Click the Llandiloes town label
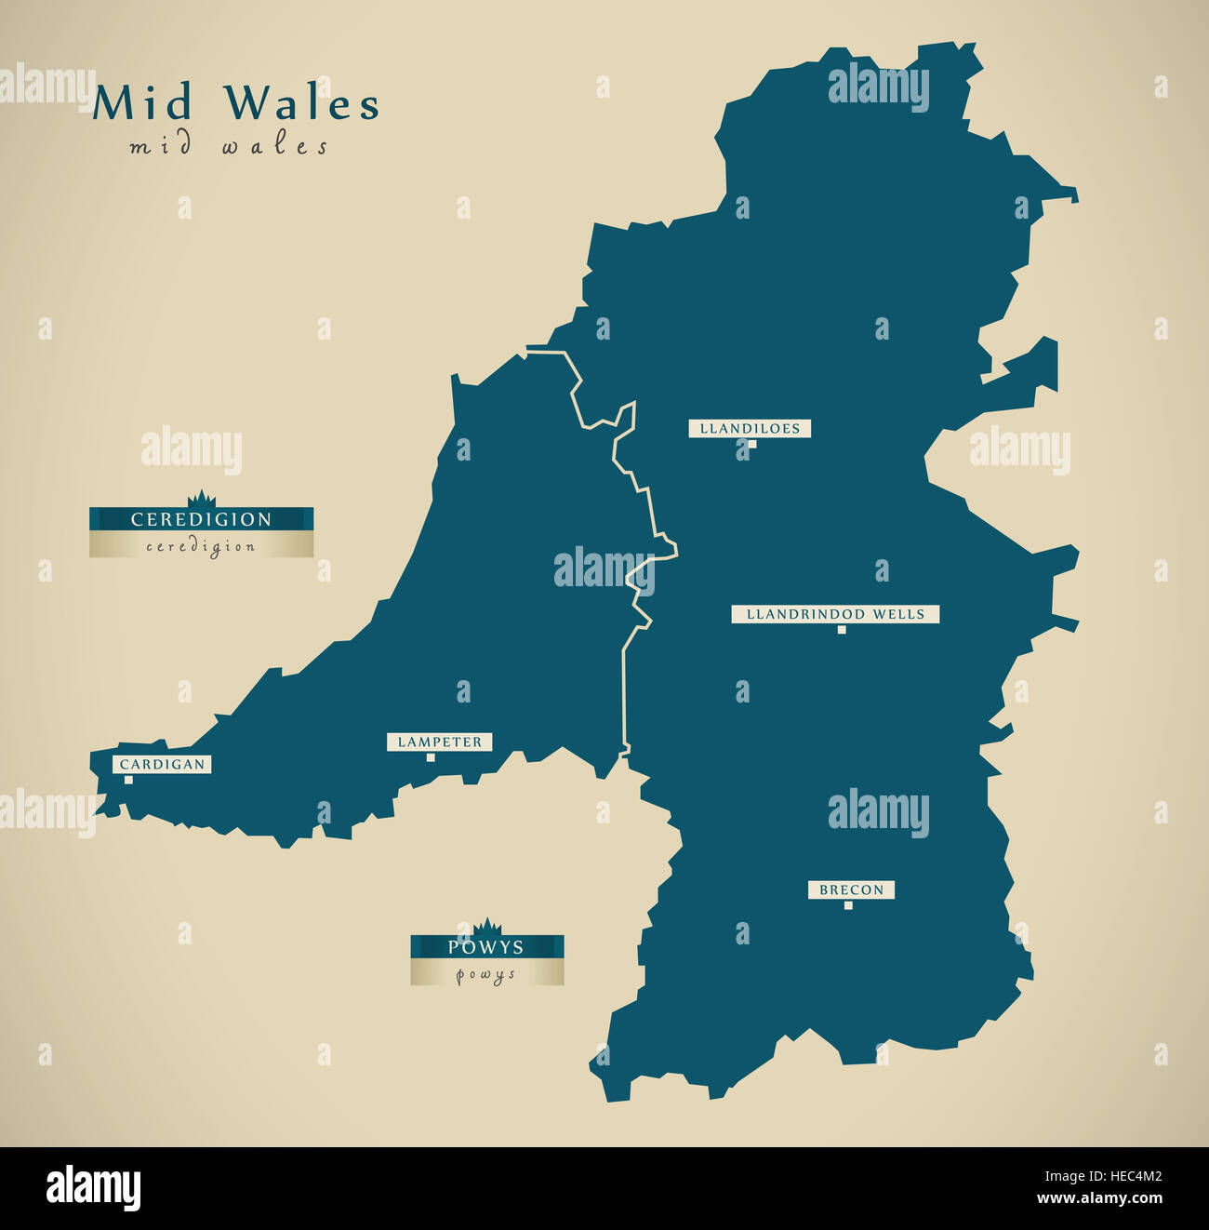click(750, 428)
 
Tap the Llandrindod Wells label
click(835, 614)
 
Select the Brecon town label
click(851, 890)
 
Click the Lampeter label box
click(440, 742)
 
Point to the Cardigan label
click(162, 764)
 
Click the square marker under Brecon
click(847, 905)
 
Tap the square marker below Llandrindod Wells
click(842, 630)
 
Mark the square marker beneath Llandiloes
click(752, 444)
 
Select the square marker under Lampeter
click(431, 757)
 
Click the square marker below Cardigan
click(128, 780)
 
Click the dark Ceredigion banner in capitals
click(201, 519)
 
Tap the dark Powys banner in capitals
click(486, 947)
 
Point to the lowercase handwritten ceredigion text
click(201, 546)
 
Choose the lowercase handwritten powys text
click(486, 974)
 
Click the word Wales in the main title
click(302, 102)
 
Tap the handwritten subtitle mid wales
click(229, 147)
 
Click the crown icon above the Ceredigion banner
click(201, 500)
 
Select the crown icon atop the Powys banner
click(486, 927)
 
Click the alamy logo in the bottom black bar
click(93, 1188)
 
